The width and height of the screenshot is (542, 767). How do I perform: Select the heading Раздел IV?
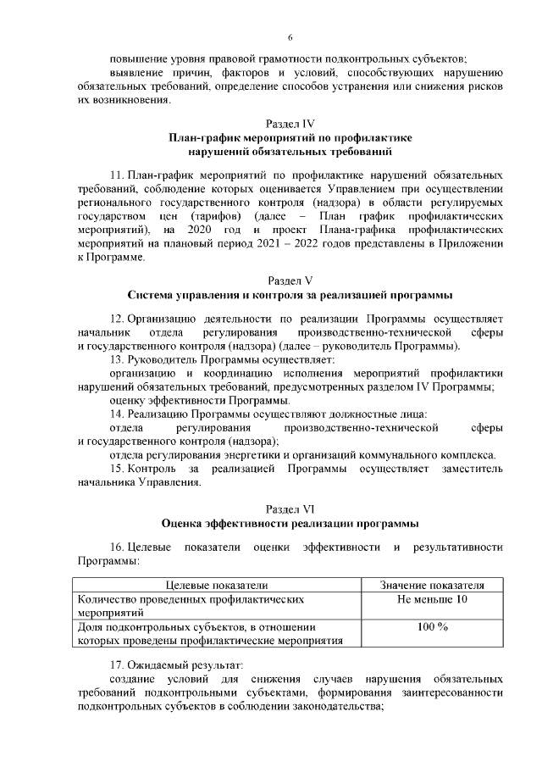[290, 123]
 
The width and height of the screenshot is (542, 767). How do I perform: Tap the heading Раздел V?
[290, 281]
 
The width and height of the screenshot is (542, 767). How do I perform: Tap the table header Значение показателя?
[432, 585]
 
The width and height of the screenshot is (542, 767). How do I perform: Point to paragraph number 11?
[118, 174]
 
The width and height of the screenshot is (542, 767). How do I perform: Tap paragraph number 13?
[118, 359]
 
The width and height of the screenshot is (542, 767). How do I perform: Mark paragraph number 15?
[118, 469]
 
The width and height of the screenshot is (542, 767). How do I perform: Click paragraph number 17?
[118, 663]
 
